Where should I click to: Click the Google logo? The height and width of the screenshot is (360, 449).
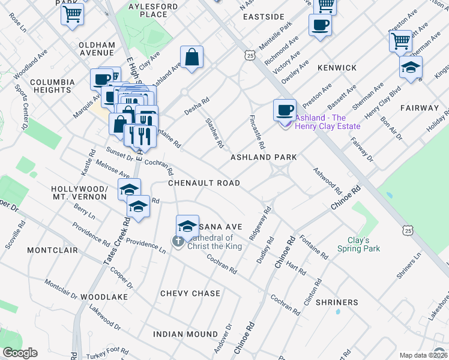20,353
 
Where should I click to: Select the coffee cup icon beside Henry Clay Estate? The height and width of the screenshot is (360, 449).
285,110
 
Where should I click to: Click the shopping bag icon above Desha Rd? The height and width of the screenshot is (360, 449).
191,58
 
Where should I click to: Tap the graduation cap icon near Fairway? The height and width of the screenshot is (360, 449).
411,67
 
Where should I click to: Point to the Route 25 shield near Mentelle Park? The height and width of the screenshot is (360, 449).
249,55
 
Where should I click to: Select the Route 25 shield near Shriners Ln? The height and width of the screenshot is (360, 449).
408,230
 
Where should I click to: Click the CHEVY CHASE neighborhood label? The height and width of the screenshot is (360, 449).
190,293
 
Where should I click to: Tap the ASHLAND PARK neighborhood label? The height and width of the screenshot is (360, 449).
264,157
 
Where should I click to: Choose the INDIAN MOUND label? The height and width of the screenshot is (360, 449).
185,334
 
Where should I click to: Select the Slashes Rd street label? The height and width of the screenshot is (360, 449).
214,133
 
